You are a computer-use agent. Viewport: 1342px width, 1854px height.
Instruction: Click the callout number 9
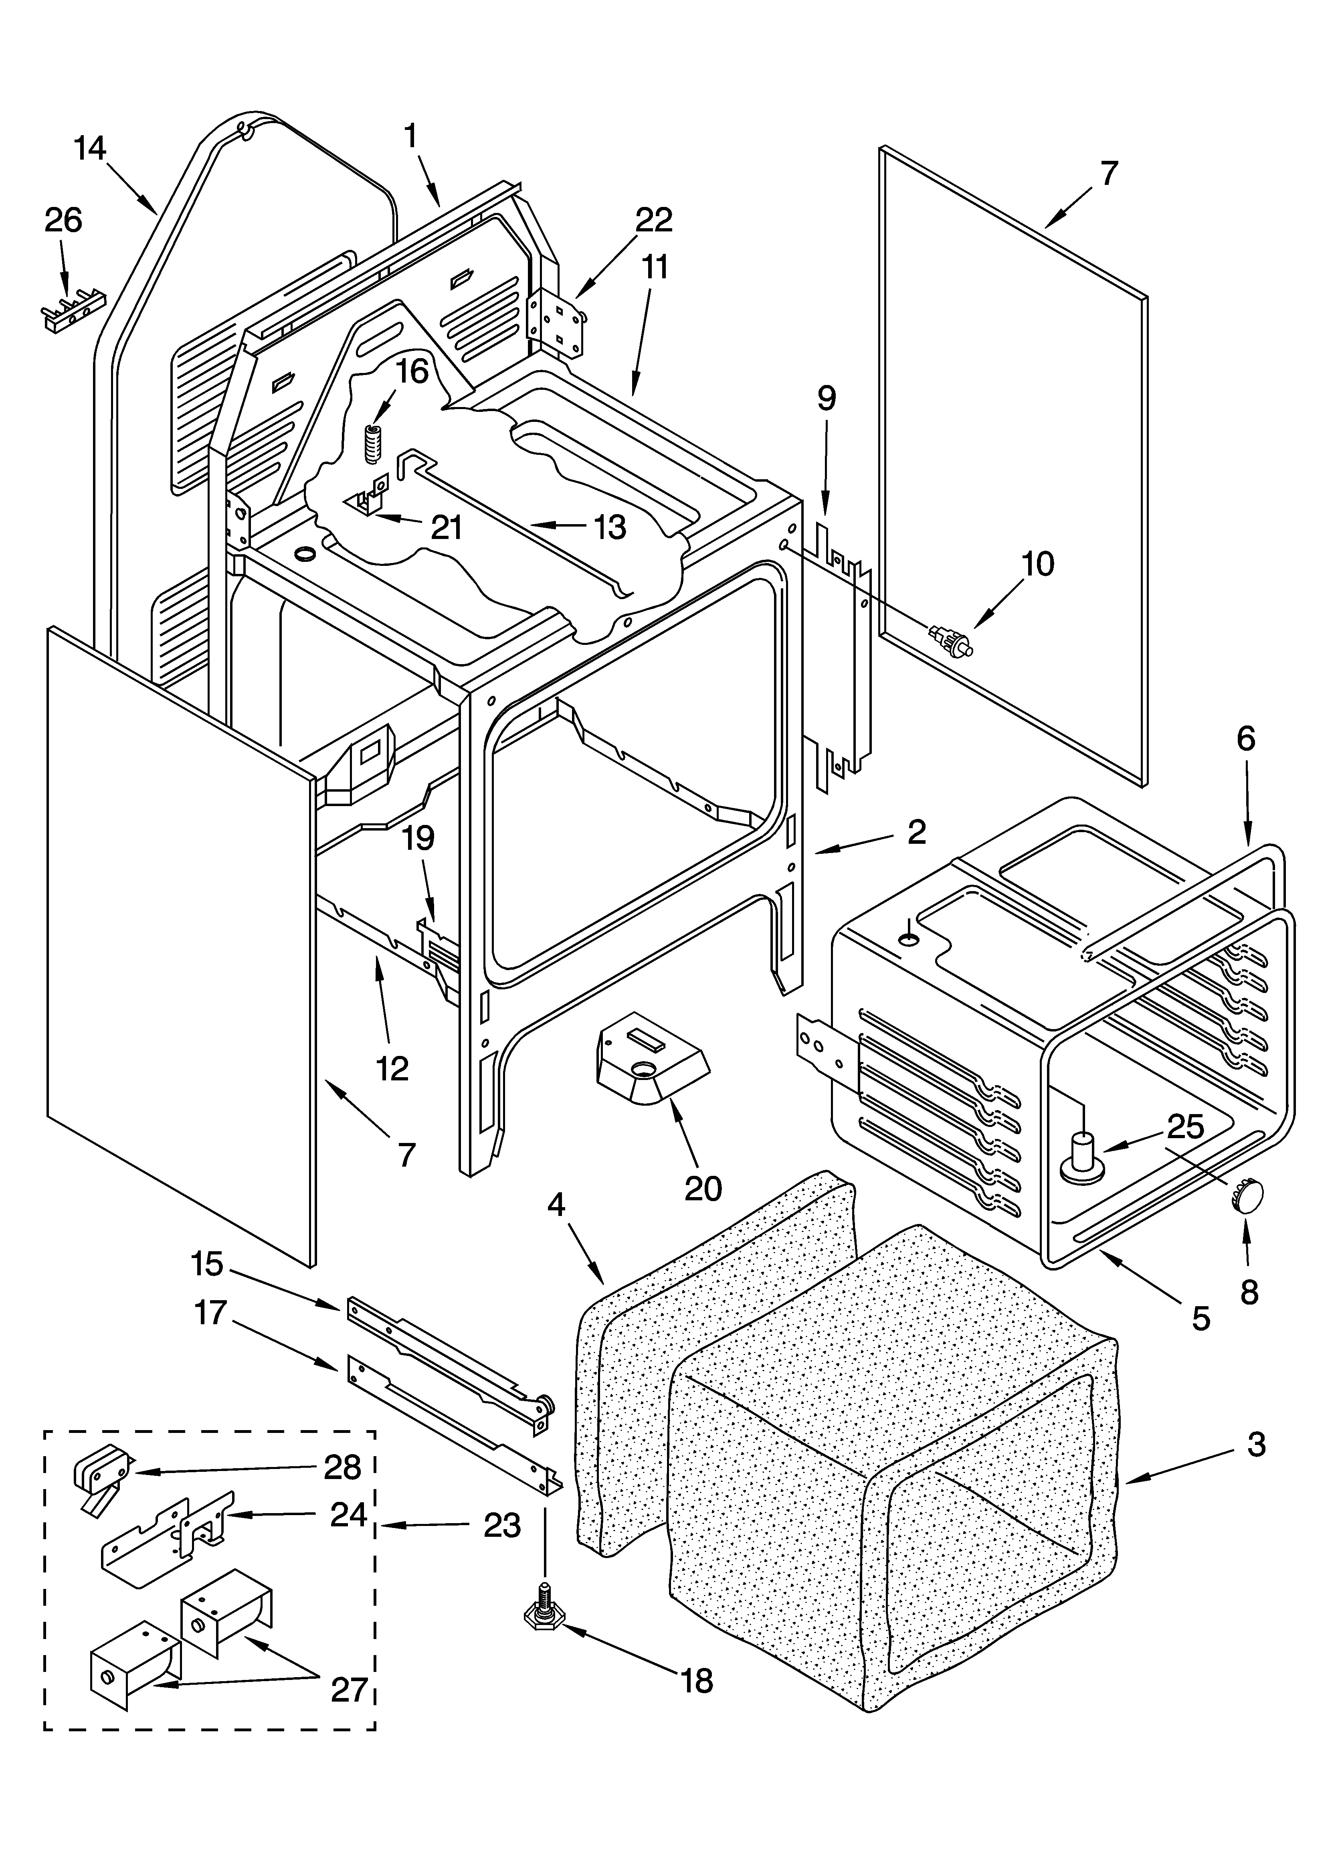[x=826, y=399]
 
